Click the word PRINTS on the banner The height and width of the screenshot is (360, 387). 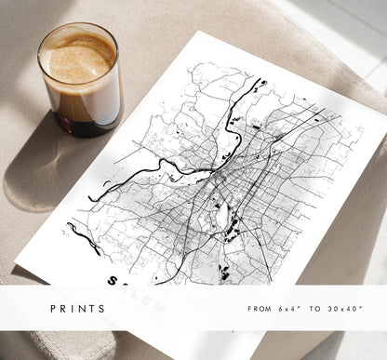(79, 308)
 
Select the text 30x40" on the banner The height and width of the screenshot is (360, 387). (347, 308)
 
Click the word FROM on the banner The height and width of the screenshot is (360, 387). (260, 308)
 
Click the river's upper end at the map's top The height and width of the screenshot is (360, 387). (261, 85)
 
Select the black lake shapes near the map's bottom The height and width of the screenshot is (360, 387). (224, 272)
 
